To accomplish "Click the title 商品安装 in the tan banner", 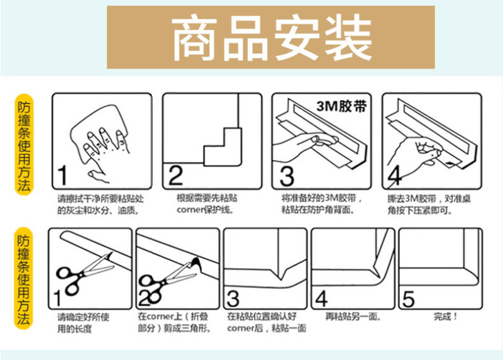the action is click(x=272, y=38).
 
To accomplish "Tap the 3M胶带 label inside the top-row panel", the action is click(x=341, y=106).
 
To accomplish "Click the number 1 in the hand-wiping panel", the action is click(x=62, y=176).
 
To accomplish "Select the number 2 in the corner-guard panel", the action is click(x=175, y=176).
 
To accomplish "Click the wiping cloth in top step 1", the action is click(x=96, y=128).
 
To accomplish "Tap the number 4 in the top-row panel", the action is click(x=395, y=176).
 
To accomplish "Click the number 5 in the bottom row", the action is click(x=408, y=299).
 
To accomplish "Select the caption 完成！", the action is click(x=445, y=317).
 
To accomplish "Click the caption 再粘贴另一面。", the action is click(x=353, y=317).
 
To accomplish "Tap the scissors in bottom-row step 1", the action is click(x=84, y=273).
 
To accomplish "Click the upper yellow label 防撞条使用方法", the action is click(x=24, y=145).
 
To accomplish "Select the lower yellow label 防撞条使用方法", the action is click(x=24, y=278).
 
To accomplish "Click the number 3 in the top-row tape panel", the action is click(x=287, y=176).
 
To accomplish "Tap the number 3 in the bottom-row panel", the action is click(x=233, y=299).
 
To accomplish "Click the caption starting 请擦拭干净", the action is click(x=101, y=205).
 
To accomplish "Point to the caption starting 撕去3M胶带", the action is click(x=429, y=205).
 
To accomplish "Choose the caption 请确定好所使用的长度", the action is click(x=84, y=323).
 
